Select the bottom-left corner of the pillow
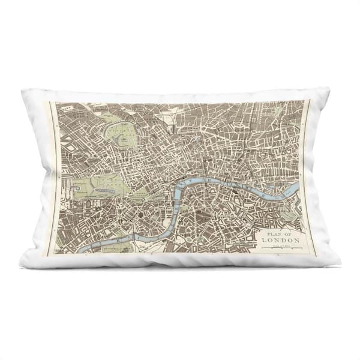21,265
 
